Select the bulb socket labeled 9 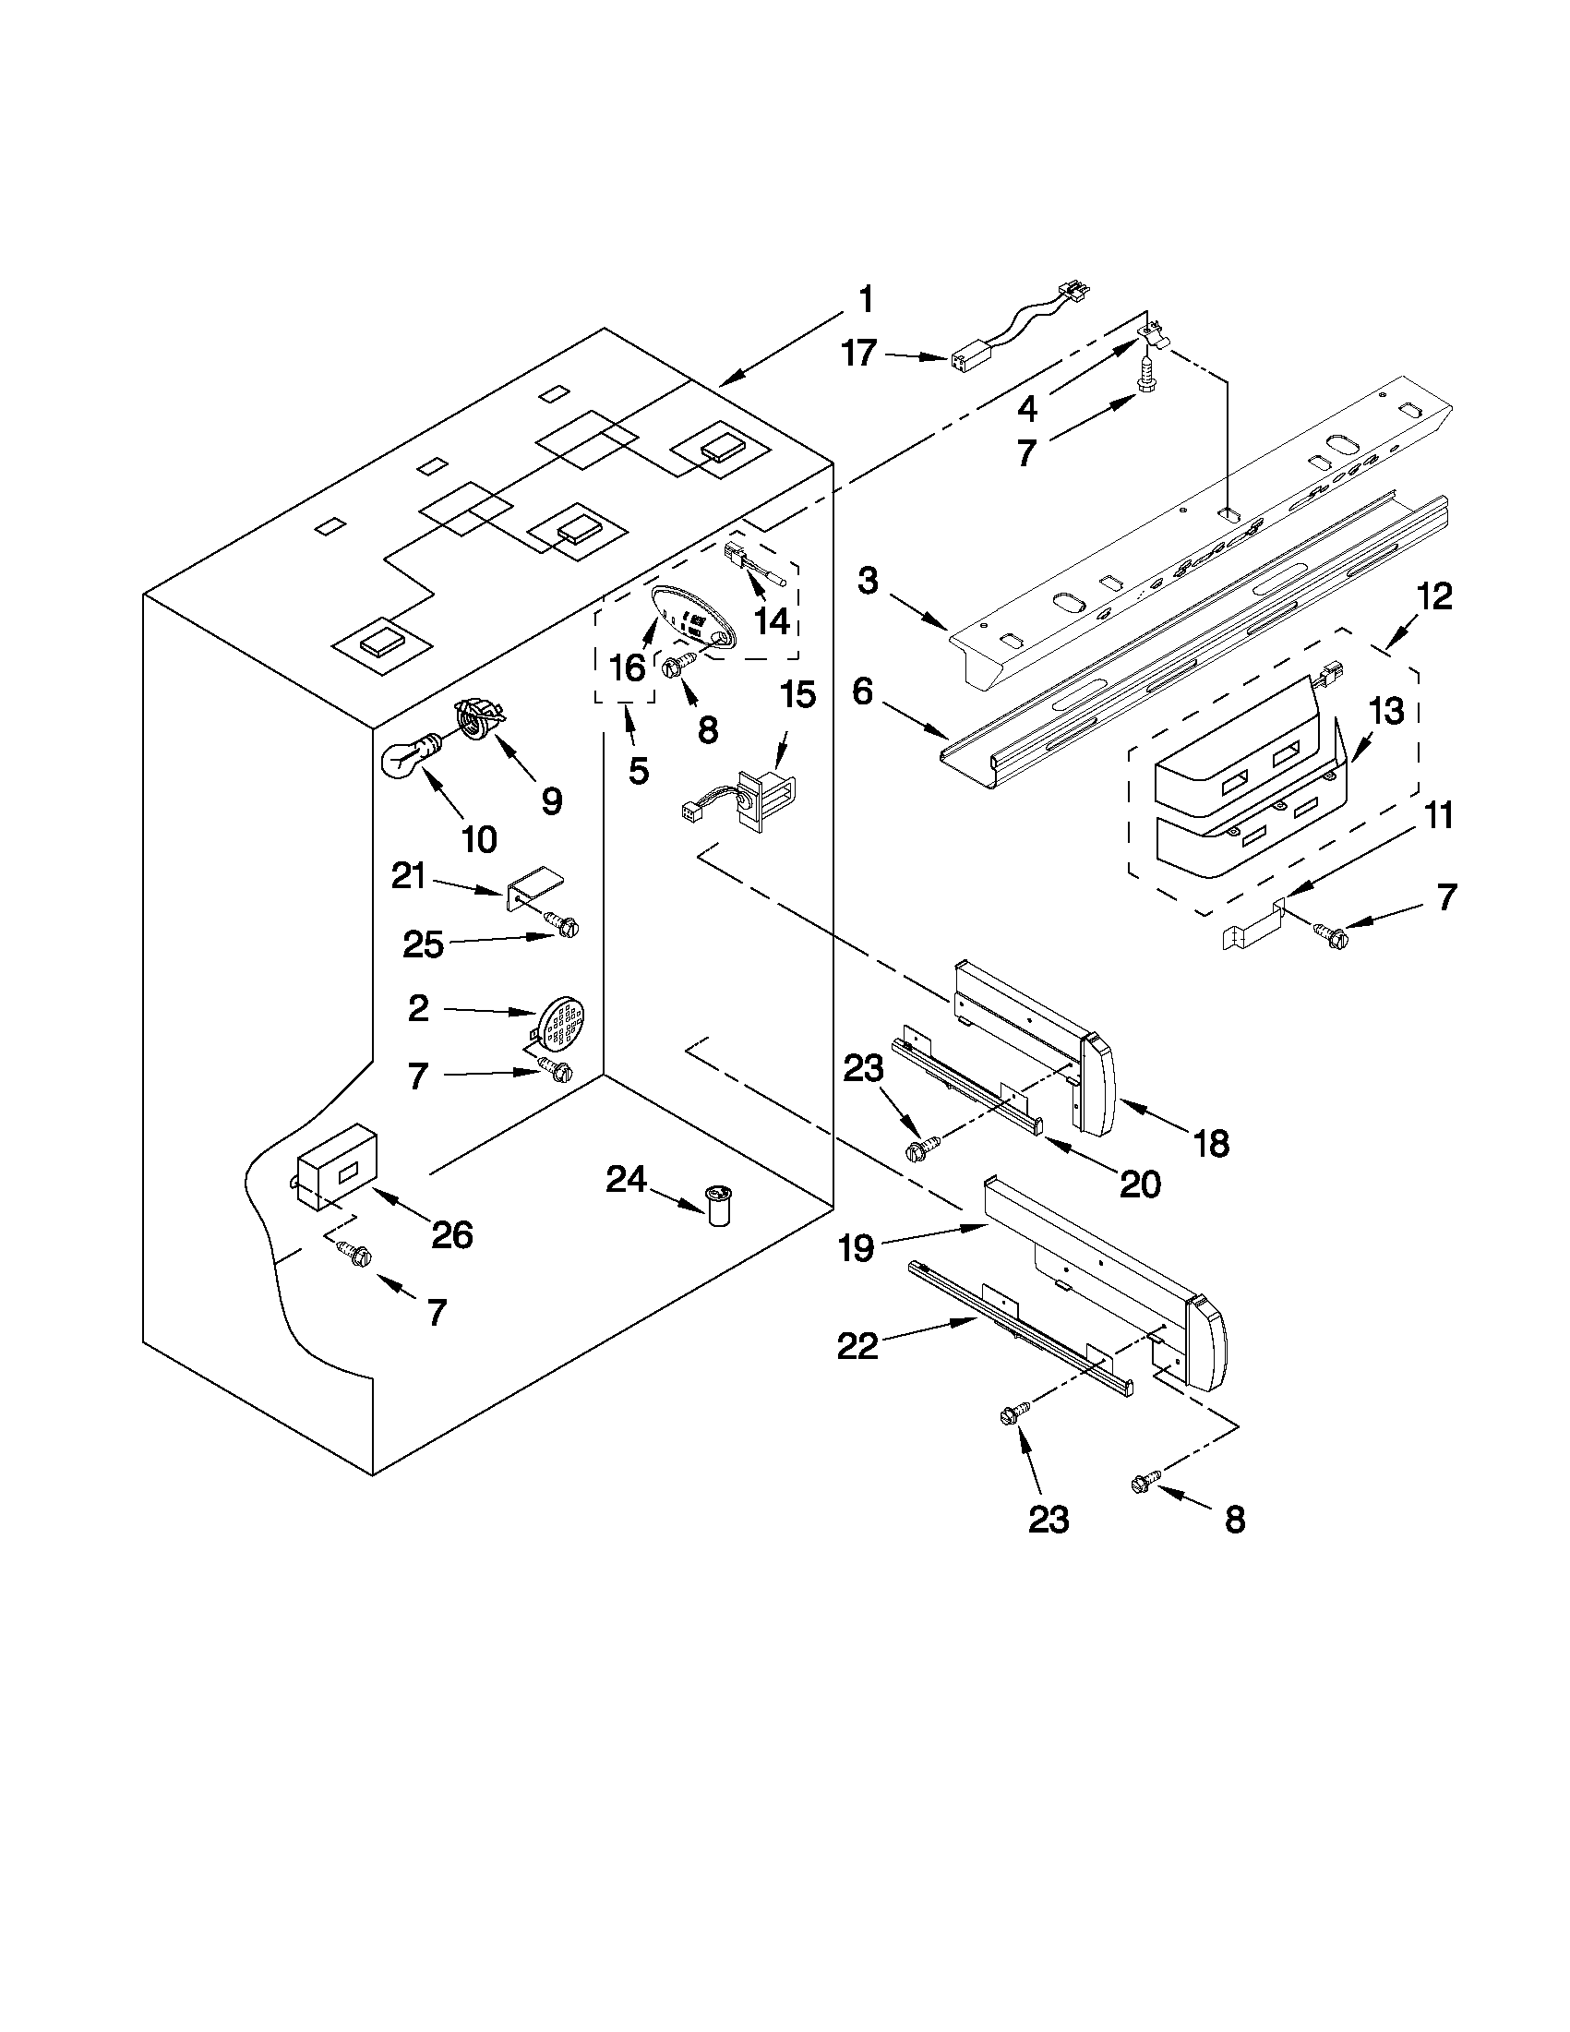tap(478, 720)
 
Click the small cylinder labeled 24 tap(718, 1206)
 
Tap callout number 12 tap(1435, 596)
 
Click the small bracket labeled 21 tap(534, 888)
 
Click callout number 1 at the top tap(865, 300)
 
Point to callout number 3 tap(867, 582)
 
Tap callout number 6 tap(863, 693)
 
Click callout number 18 tap(1211, 1143)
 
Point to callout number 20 tap(1140, 1184)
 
